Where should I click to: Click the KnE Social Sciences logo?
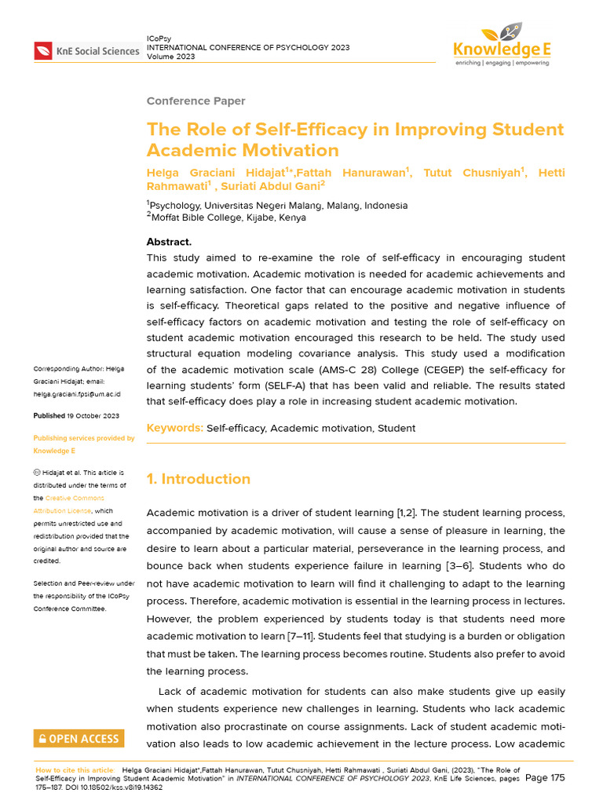[86, 52]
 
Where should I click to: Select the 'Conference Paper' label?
[196, 101]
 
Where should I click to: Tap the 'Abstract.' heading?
[169, 242]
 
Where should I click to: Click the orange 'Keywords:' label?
[174, 428]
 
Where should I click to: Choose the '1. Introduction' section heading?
[199, 479]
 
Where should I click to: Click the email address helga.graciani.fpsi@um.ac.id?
[76, 394]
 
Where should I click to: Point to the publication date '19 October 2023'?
[93, 416]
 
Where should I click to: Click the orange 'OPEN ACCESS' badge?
[79, 739]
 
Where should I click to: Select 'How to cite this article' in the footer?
[74, 770]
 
